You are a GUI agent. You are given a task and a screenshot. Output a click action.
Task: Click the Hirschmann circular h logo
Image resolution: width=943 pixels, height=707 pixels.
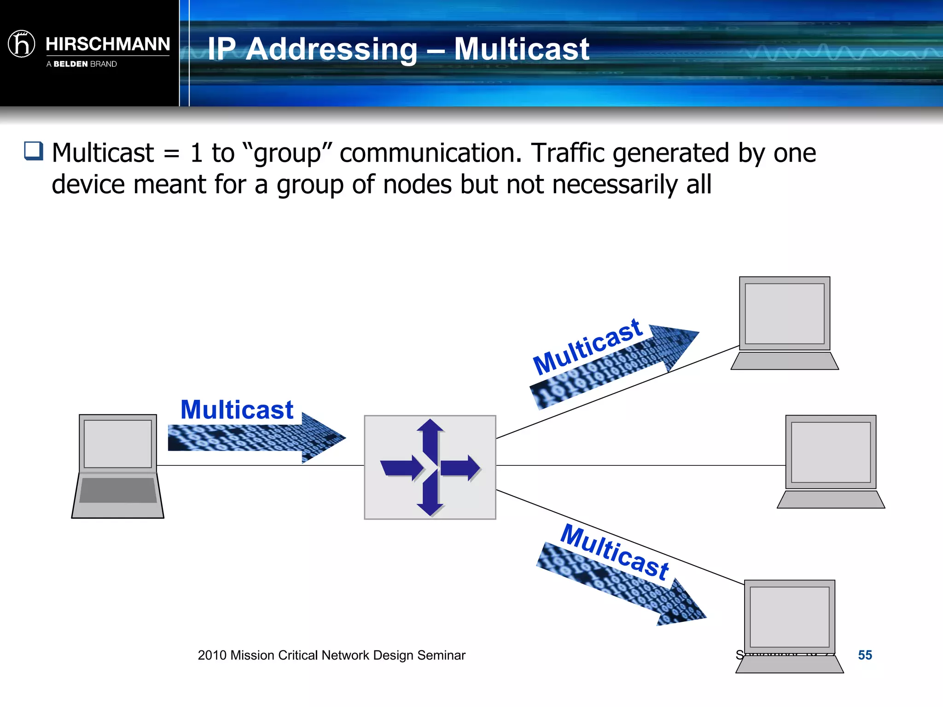pyautogui.click(x=21, y=44)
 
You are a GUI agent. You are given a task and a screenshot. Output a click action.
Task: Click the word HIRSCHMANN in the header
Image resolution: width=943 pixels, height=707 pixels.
pyautogui.click(x=108, y=44)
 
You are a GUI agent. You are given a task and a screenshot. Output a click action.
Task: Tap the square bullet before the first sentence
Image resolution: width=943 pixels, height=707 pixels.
pyautogui.click(x=34, y=151)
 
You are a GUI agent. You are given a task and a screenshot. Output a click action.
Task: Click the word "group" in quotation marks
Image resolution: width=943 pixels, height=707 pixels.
pyautogui.click(x=287, y=153)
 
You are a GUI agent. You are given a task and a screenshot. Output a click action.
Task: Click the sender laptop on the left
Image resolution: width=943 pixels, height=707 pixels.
pyautogui.click(x=118, y=466)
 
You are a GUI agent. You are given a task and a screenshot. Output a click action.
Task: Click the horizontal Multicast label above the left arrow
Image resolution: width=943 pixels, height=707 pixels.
pyautogui.click(x=237, y=410)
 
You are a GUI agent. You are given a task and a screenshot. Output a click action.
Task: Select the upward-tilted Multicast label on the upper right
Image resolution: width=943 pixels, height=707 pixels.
pyautogui.click(x=588, y=346)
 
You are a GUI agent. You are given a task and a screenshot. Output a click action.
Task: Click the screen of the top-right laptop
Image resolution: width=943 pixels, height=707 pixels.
pyautogui.click(x=784, y=313)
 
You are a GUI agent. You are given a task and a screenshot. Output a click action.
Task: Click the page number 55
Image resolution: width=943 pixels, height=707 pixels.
pyautogui.click(x=865, y=655)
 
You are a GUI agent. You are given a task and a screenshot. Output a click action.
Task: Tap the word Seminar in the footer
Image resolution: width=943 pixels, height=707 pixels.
pyautogui.click(x=441, y=655)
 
